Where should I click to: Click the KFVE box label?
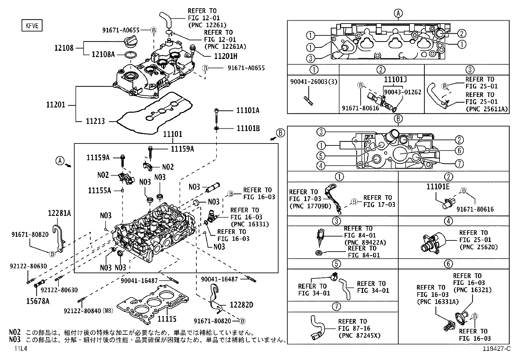pyautogui.click(x=32, y=25)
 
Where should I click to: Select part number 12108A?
pyautogui.click(x=103, y=54)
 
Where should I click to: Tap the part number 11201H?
pyautogui.click(x=225, y=56)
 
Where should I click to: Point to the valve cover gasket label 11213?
pyautogui.click(x=95, y=121)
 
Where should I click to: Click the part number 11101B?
pyautogui.click(x=248, y=128)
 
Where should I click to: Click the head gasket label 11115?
pyautogui.click(x=167, y=319)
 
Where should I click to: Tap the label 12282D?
pyautogui.click(x=241, y=305)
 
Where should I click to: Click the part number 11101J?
pyautogui.click(x=395, y=80)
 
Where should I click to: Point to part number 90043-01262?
pyautogui.click(x=403, y=92)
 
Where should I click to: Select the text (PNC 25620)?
pyautogui.click(x=478, y=247)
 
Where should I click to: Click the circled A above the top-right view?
pyautogui.click(x=398, y=13)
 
